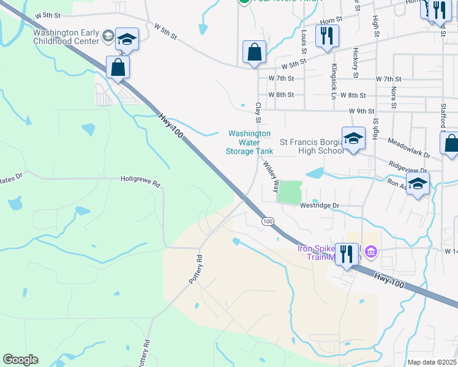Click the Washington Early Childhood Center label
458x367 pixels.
(66, 37)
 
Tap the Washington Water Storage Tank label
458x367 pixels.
(249, 142)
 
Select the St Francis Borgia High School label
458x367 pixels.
(312, 146)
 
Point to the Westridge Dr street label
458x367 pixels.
(319, 206)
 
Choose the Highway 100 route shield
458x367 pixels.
(268, 221)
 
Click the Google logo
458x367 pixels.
(20, 360)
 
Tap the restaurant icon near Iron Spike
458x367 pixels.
(347, 254)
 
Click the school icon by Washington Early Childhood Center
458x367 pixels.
(127, 40)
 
